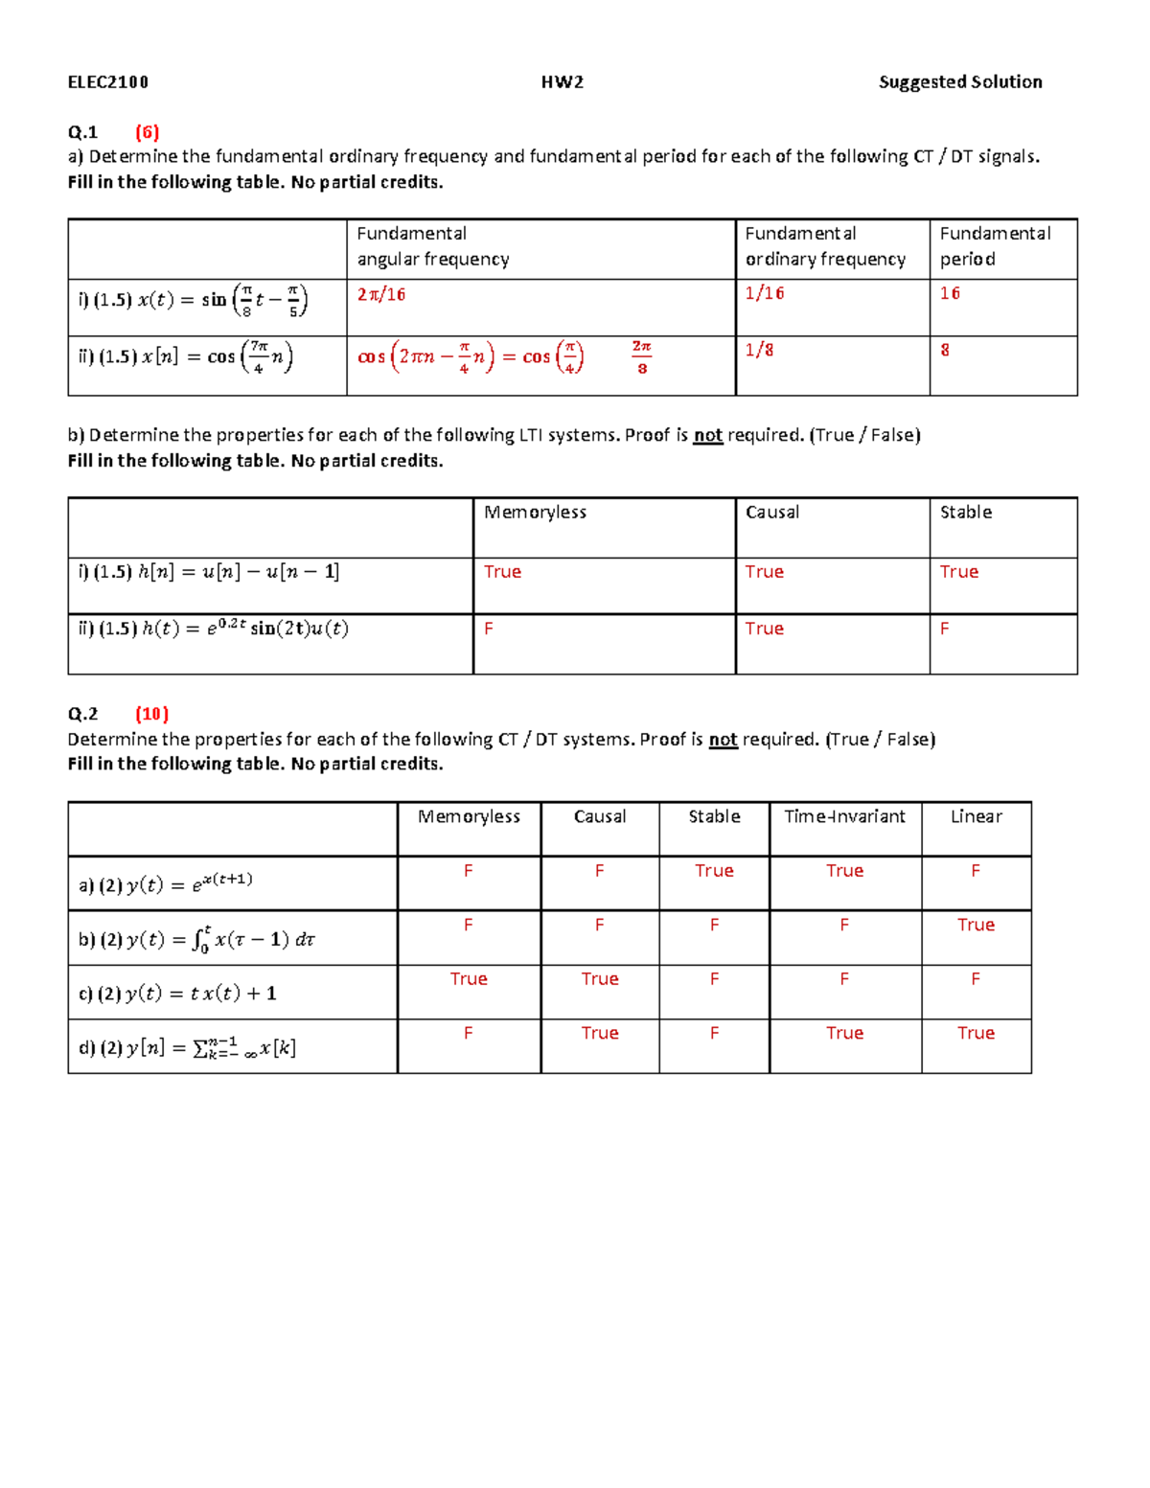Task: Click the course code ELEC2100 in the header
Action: coord(108,82)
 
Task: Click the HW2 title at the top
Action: coord(563,82)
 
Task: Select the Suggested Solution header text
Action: coord(960,82)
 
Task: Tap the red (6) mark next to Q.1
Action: coord(147,132)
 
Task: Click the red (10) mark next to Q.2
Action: coord(151,714)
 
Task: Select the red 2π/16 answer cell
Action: coord(381,294)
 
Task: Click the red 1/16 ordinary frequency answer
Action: coord(765,293)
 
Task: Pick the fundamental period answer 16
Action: coord(950,293)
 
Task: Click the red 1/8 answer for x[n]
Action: coord(759,350)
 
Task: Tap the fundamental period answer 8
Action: coord(945,350)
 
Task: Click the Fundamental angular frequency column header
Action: coord(433,246)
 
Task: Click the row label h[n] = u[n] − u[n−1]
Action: coord(209,572)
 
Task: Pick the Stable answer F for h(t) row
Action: coord(945,629)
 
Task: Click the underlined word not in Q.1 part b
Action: coord(707,436)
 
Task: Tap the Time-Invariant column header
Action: coord(844,816)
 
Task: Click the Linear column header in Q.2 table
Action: coord(976,816)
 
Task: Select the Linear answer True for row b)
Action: coord(976,925)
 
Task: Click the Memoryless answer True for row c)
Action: coord(469,978)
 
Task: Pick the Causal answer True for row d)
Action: coord(600,1033)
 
